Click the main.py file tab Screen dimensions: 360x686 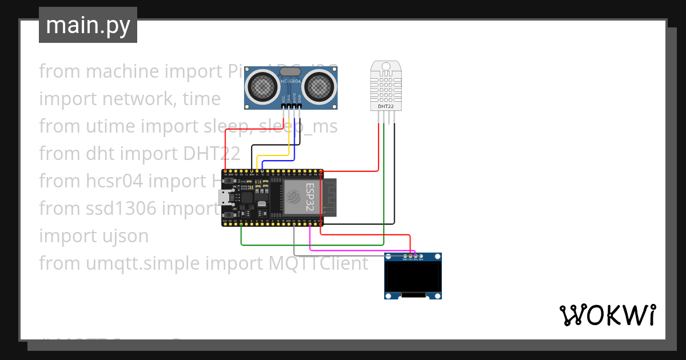87,25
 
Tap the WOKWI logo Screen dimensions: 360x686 607,315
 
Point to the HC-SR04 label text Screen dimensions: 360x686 291,82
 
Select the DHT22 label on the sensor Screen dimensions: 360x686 385,106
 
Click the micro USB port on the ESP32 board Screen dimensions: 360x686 225,198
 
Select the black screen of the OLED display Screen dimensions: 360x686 413,277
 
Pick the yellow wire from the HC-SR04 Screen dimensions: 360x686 272,155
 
